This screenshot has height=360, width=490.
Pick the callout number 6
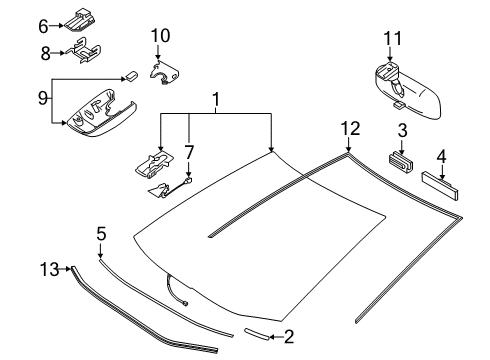tap(43, 27)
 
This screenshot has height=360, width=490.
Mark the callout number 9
tap(43, 98)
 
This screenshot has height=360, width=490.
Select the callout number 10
tap(160, 36)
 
